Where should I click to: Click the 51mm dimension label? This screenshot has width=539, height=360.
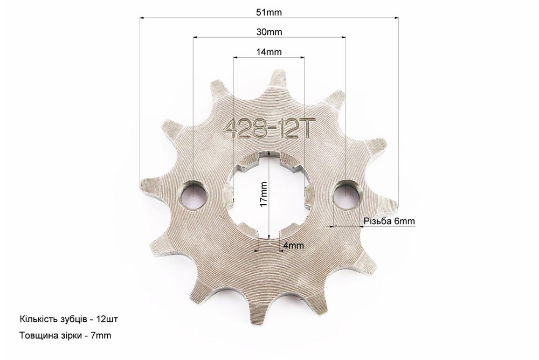tap(269, 13)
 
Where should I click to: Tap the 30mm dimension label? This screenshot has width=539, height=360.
tap(269, 32)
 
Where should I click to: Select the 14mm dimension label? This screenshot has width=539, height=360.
tap(269, 52)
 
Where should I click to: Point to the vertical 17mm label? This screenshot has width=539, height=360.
tap(264, 194)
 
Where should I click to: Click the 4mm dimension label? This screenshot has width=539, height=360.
tap(294, 246)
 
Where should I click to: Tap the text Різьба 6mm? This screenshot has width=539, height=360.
tap(389, 221)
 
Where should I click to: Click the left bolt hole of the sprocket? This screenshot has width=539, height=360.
tap(194, 195)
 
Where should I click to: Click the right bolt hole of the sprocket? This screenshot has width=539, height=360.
tap(347, 195)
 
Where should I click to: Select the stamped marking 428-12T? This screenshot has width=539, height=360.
tap(268, 129)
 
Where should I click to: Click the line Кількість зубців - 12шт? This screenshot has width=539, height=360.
tap(69, 319)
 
